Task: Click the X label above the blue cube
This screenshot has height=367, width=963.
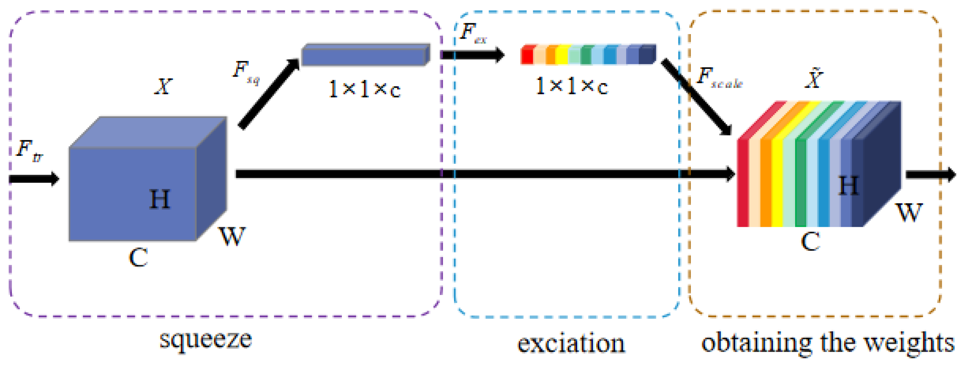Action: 163,86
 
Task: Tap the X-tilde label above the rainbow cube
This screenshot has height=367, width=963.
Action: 813,78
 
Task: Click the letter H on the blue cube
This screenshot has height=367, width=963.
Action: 160,199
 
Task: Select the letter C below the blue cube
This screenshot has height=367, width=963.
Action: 138,258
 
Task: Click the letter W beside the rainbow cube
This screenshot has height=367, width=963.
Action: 909,213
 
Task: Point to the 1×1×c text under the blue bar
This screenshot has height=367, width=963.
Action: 364,89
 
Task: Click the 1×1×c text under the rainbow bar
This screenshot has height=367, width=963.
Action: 572,86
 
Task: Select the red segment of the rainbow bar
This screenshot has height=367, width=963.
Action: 527,55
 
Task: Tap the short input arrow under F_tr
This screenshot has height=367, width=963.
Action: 34,179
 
